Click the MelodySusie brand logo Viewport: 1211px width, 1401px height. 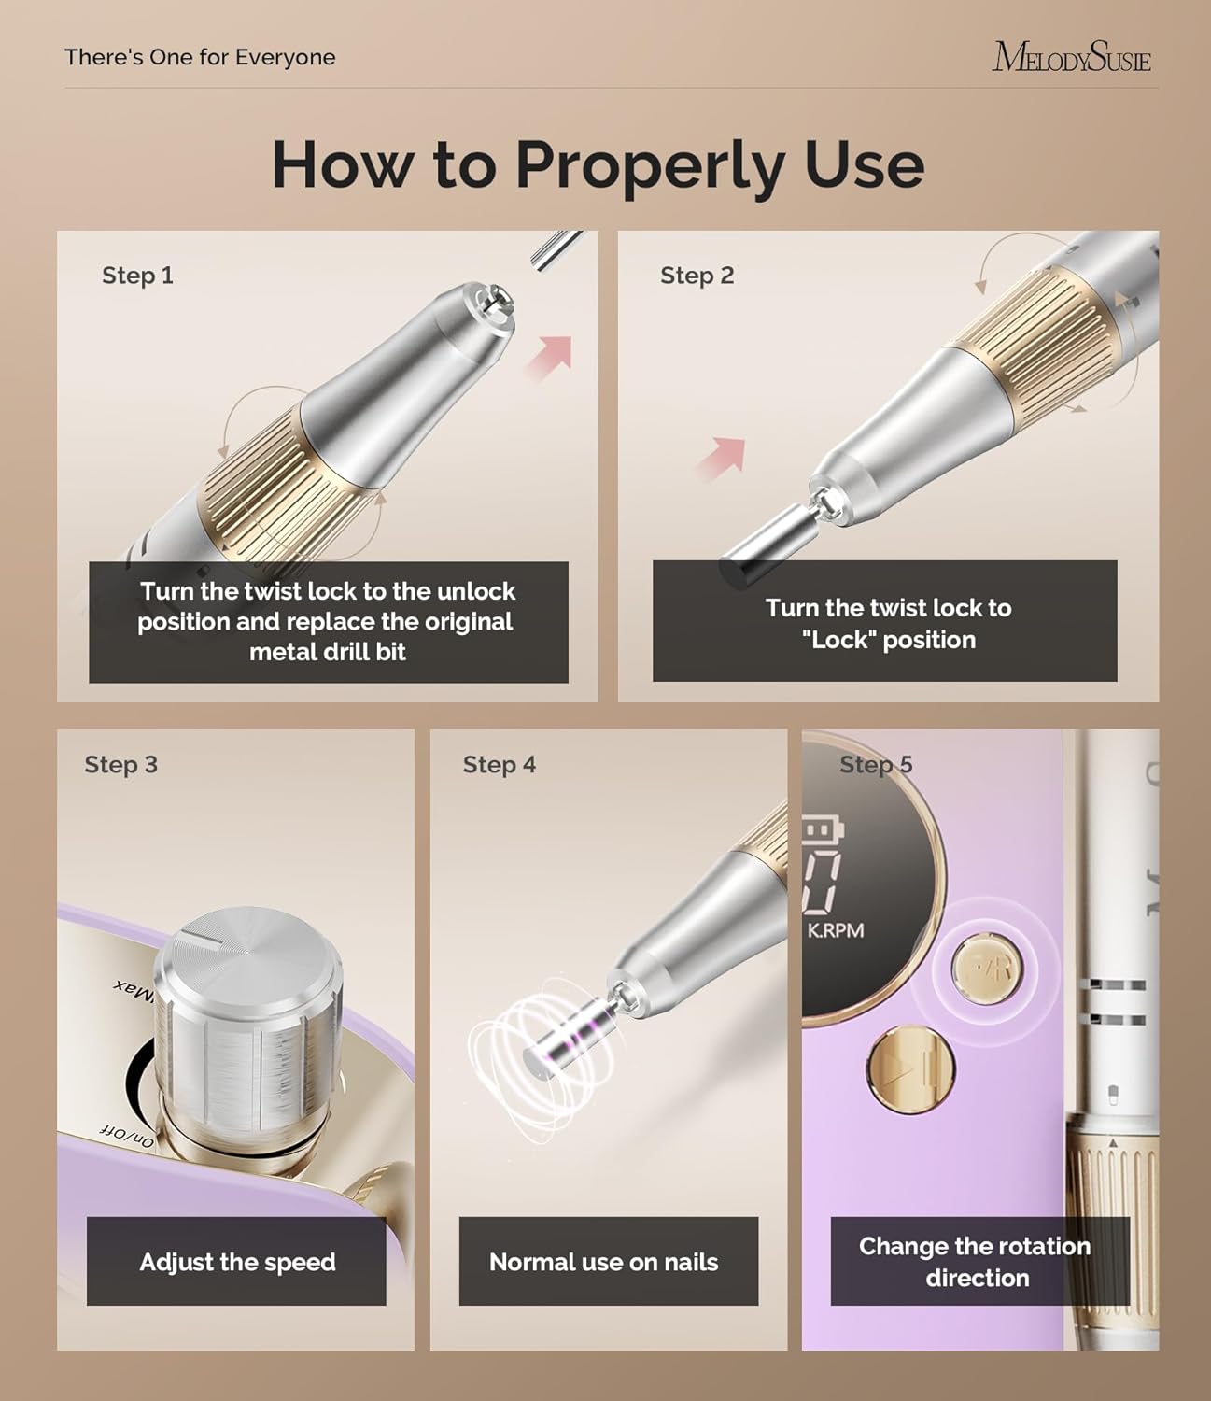pyautogui.click(x=1071, y=58)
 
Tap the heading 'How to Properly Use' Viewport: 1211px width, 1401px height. pyautogui.click(x=598, y=164)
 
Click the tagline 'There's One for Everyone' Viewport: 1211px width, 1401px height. pyautogui.click(x=200, y=57)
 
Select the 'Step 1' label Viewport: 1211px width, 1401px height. pyautogui.click(x=137, y=276)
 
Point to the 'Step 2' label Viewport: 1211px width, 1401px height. pyautogui.click(x=697, y=276)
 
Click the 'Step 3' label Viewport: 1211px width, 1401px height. pyautogui.click(x=120, y=765)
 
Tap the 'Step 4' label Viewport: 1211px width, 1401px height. pyautogui.click(x=499, y=765)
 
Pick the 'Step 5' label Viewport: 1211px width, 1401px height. pyautogui.click(x=875, y=765)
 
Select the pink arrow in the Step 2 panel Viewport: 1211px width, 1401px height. pyautogui.click(x=722, y=458)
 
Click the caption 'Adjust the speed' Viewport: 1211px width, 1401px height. pyautogui.click(x=237, y=1262)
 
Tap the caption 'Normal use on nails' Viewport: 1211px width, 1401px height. pyautogui.click(x=604, y=1262)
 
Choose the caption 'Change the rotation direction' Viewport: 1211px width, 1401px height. pyautogui.click(x=976, y=1262)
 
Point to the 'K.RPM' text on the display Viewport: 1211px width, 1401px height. pyautogui.click(x=836, y=930)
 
